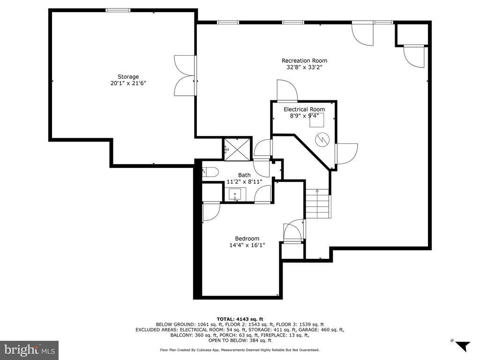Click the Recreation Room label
point(304,60)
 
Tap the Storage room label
point(128,77)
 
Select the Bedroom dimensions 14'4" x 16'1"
point(247,245)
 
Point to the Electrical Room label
point(304,109)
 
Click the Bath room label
point(244,175)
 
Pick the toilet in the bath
point(210,172)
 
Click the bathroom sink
point(235,195)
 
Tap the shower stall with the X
point(237,149)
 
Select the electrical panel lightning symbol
point(322,140)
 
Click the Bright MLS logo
point(30,349)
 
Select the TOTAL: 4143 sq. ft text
point(240,319)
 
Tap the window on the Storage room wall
point(118,10)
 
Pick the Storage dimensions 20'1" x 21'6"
point(128,83)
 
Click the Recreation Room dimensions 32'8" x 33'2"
point(304,67)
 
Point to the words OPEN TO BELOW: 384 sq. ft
point(240,340)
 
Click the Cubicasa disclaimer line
point(240,350)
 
